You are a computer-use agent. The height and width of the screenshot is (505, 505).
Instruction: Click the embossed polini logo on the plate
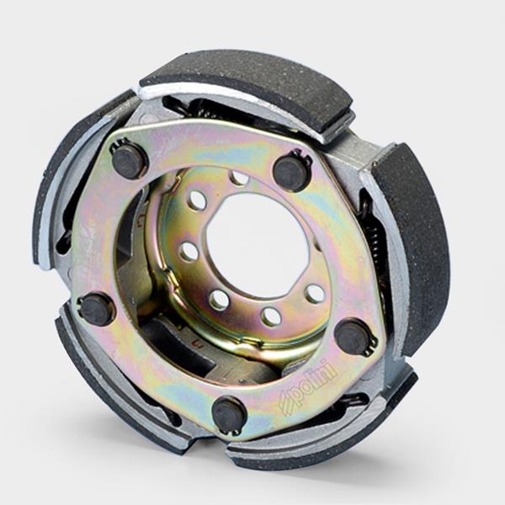coord(307,388)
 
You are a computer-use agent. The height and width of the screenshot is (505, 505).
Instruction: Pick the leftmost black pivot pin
coord(96,310)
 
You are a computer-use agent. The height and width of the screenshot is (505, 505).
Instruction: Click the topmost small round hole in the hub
coord(239,177)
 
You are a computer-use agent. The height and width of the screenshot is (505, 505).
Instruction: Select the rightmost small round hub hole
coord(315,294)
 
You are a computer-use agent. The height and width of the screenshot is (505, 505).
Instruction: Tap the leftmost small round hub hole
coord(188,252)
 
